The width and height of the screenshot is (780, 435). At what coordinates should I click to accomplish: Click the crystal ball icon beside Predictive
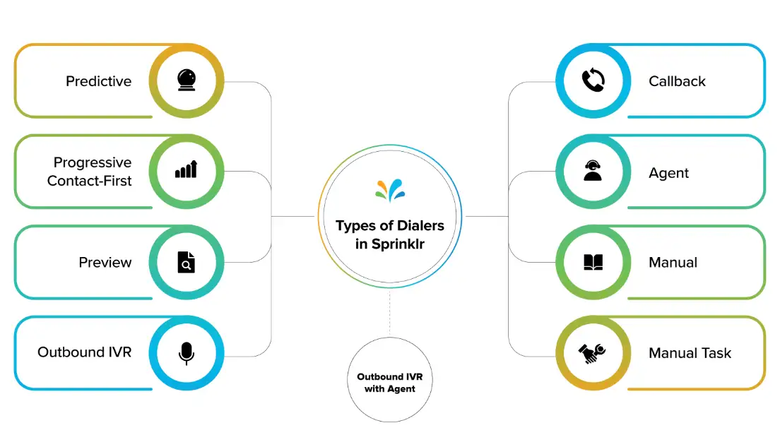(187, 81)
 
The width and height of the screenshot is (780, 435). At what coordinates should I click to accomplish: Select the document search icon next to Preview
(187, 263)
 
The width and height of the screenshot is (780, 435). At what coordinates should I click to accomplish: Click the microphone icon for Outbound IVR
(187, 352)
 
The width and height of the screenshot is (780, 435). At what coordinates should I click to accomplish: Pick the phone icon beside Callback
(592, 81)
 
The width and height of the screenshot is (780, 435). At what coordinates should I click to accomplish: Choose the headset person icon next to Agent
(592, 172)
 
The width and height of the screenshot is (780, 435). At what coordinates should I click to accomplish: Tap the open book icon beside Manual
(592, 263)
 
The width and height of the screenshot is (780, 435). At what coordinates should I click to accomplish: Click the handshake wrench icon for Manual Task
(592, 352)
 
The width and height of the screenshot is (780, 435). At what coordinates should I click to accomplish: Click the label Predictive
(98, 81)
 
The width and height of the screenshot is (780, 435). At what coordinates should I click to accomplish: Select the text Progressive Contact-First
(89, 172)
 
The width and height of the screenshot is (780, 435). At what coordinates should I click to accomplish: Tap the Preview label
(105, 263)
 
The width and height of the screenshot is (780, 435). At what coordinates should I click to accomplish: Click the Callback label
(677, 81)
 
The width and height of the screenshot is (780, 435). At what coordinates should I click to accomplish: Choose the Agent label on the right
(668, 173)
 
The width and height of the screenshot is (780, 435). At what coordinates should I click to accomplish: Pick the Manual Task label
(690, 353)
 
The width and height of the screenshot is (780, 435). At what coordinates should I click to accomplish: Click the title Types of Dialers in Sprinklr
(390, 234)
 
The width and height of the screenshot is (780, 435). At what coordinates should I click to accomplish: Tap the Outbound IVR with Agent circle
(390, 383)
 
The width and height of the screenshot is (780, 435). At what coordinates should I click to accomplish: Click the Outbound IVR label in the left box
(84, 352)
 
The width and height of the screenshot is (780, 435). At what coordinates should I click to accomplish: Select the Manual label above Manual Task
(673, 263)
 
